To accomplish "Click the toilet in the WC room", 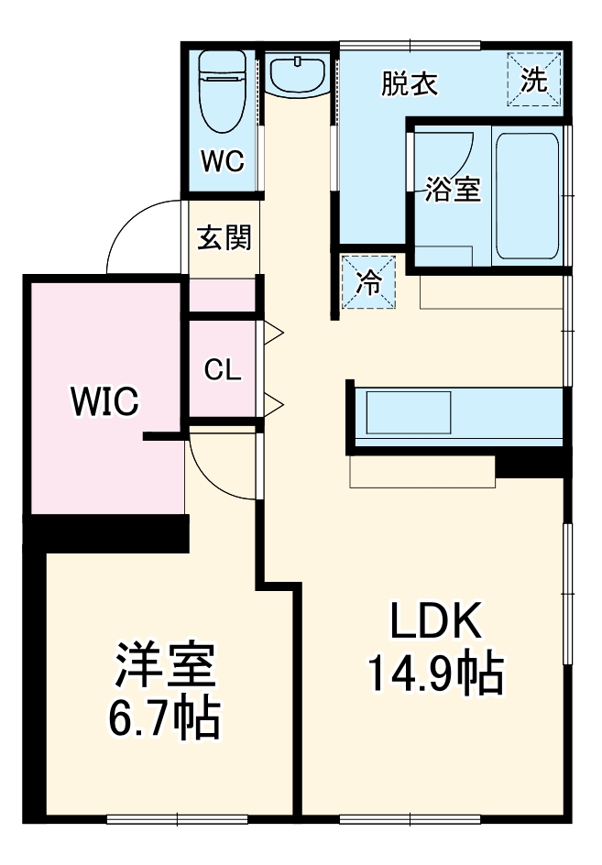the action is coord(223,91).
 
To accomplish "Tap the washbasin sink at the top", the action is coord(298,74).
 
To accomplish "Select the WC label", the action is coord(223,161).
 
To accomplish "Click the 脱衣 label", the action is coord(410,84).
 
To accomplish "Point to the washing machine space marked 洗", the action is coord(534,78).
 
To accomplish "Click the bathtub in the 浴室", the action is coord(527,196).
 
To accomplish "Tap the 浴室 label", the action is coord(453,189).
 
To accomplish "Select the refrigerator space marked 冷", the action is coord(368,282).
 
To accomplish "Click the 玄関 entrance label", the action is coord(224,237).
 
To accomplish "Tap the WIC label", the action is coord(104,401).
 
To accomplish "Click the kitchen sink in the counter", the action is coord(409,413).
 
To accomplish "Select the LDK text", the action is coord(435,620).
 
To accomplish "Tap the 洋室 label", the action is coord(164,665).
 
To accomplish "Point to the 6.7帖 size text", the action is coord(164,718).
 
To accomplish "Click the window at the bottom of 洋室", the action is coord(177,820).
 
